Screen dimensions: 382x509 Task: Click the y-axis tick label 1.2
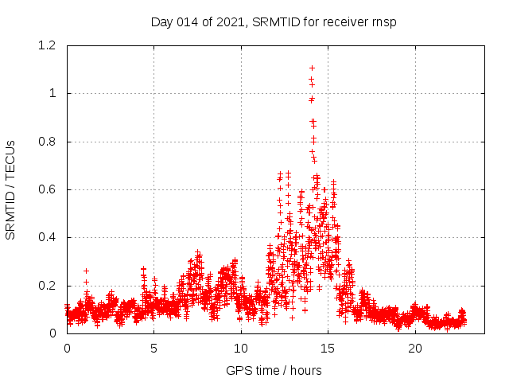pos(49,46)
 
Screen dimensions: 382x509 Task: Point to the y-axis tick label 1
pos(52,94)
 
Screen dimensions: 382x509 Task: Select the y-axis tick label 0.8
pos(49,142)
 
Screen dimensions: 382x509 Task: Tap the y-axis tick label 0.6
pos(49,189)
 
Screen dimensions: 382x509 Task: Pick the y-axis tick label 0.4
pos(49,238)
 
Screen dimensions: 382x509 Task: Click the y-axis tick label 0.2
pos(49,286)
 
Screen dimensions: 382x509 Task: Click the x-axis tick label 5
pos(154,349)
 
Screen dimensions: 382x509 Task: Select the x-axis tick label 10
pos(241,349)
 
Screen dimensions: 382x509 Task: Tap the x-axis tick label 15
pos(328,349)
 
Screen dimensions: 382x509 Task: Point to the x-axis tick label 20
pos(415,349)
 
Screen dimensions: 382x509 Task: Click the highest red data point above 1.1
pos(312,68)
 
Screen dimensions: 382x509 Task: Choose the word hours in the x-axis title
pos(306,370)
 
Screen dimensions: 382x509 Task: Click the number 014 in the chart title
pos(188,21)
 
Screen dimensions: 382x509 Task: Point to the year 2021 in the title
pos(231,21)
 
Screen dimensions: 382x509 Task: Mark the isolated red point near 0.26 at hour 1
pos(86,271)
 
